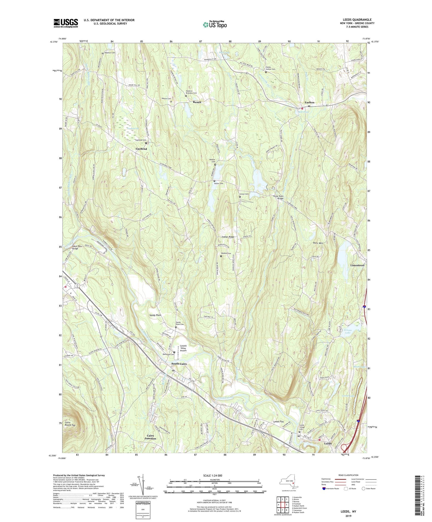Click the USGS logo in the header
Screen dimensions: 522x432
click(66, 23)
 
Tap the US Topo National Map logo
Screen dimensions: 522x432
click(215, 25)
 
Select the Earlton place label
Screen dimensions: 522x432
click(309, 102)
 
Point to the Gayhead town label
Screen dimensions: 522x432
click(141, 149)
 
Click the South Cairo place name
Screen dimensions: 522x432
click(179, 364)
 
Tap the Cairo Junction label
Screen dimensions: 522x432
click(150, 437)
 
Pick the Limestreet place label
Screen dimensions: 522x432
click(357, 265)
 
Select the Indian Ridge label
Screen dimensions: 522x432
click(228, 237)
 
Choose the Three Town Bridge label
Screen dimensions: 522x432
click(278, 197)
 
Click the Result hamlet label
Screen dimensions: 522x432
click(197, 102)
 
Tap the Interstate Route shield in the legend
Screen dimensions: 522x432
click(324, 489)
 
